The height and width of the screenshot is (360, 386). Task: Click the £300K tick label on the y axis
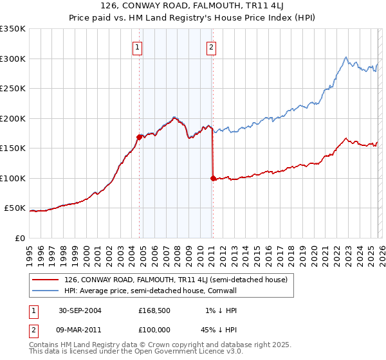[13, 59]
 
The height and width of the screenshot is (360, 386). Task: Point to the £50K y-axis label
[15, 208]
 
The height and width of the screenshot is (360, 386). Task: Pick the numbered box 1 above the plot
[138, 46]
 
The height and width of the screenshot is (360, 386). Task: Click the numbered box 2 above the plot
[211, 46]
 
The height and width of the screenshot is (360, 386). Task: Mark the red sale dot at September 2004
[140, 137]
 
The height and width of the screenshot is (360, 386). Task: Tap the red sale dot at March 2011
[212, 178]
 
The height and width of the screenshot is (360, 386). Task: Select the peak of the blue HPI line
[346, 57]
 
